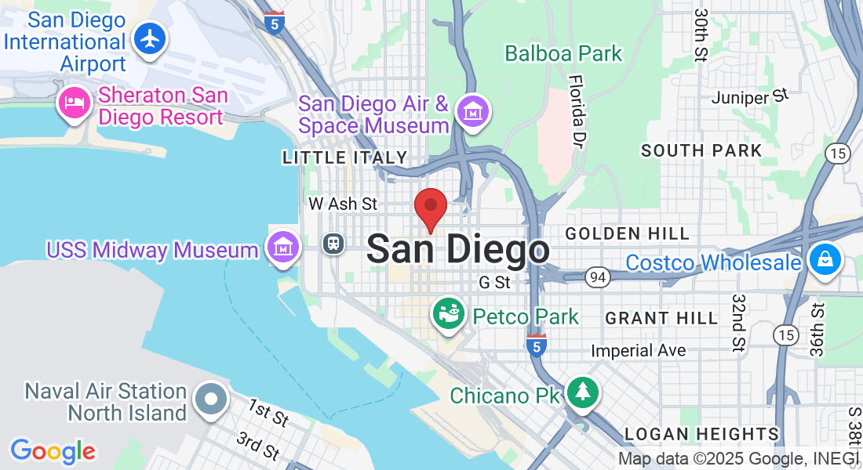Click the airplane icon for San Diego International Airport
pos(149,38)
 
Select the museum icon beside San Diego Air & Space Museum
pos(473,113)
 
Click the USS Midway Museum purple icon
pos(282,248)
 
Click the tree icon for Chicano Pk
pos(581,391)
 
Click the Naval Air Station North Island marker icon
pos(210,399)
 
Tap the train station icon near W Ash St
pos(333,243)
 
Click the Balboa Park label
pos(563,54)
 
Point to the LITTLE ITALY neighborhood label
pos(345,158)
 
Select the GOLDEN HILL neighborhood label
pos(627,233)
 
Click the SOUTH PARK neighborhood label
pos(701,150)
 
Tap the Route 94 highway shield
pos(597,276)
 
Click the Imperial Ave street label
pos(638,350)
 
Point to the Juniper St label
pos(748,97)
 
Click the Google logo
pos(53,451)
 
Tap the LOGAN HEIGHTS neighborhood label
pos(701,434)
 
